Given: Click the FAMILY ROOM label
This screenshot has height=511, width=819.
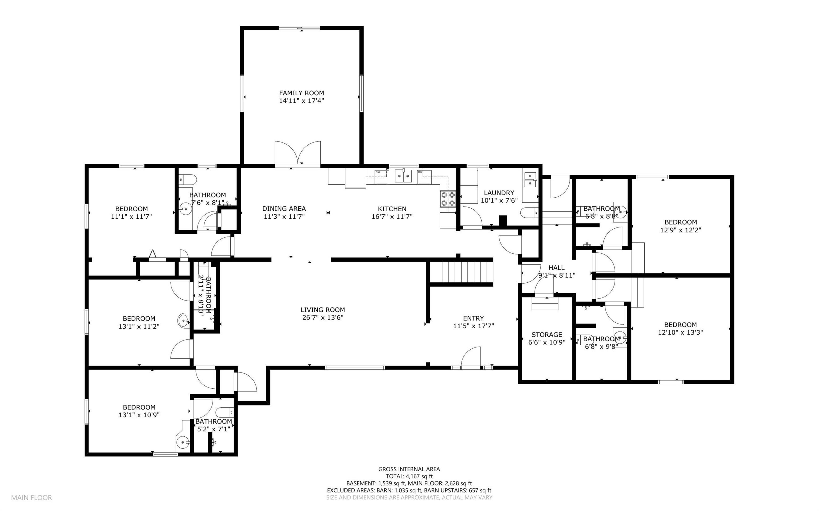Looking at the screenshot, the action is tap(301, 93).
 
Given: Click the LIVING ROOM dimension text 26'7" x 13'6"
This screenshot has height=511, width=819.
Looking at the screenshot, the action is tap(323, 317).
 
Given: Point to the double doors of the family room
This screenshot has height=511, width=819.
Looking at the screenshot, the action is tap(298, 154).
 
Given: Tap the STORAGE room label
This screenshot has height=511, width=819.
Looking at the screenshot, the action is tap(547, 335).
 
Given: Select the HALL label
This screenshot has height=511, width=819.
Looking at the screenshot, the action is tap(556, 268).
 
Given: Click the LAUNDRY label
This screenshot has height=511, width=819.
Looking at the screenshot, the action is tap(499, 193).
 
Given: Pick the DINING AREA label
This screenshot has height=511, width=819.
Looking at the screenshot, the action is tap(284, 209).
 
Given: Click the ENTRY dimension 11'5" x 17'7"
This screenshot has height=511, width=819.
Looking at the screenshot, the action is tap(473, 326).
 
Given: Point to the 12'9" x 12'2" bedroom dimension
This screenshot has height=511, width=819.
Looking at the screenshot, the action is tap(681, 230).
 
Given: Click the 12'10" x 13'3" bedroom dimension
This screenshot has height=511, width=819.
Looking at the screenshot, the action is tap(680, 332).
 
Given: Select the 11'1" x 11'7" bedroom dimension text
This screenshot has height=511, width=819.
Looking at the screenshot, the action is tap(131, 217).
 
